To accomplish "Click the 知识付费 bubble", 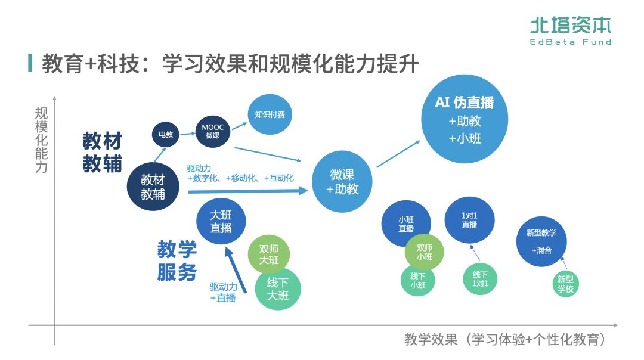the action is tap(270, 114).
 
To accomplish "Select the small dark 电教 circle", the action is tap(166, 134).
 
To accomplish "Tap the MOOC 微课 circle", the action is tap(213, 131).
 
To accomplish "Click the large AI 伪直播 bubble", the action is tap(465, 119).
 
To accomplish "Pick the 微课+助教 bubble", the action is tap(342, 181).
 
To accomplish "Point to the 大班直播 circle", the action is tap(221, 221).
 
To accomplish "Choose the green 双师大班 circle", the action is tap(269, 255).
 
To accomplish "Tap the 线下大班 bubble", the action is tap(278, 289).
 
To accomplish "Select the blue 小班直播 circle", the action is tap(406, 224).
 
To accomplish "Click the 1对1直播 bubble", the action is tap(469, 220).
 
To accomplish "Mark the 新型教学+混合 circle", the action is tap(541, 241).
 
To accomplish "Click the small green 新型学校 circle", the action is tap(565, 284).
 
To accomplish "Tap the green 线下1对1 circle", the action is tap(479, 279).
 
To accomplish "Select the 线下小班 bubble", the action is tap(417, 280).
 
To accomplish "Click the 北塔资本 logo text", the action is tap(571, 26).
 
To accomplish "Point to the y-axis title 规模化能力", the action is tap(41, 140).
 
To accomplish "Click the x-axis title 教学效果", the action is tap(431, 340).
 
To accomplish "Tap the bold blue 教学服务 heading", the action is tap(177, 260).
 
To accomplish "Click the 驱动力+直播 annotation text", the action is tap(224, 292).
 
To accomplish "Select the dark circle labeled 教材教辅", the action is tap(153, 187).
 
